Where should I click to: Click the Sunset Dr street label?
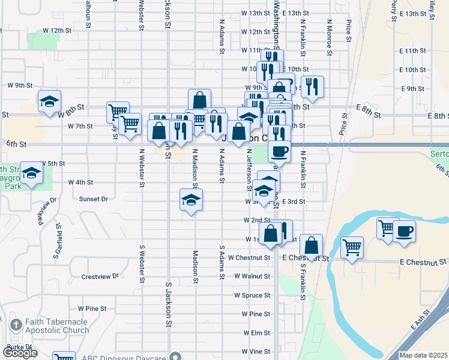point(93,199)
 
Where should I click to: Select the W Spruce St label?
point(252,295)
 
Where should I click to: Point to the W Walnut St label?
point(252,276)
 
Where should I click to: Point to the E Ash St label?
point(422,320)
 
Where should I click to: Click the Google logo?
point(19,353)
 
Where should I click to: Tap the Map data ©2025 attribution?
point(423,355)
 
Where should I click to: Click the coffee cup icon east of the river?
point(404,230)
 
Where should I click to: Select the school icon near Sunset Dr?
point(191,199)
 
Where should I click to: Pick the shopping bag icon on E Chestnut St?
point(311,245)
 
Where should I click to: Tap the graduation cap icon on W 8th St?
point(49,101)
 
